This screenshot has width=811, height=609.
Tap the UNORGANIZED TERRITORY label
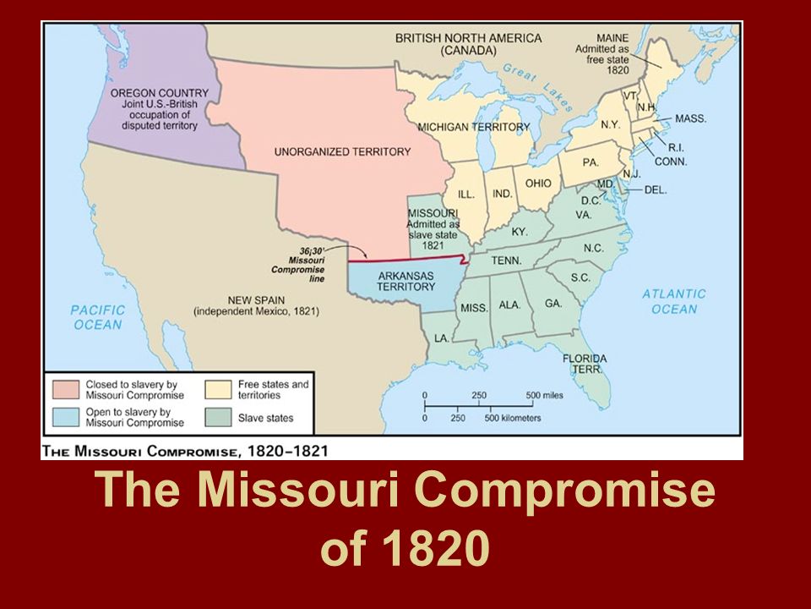point(342,152)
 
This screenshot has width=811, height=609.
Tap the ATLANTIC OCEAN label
point(673,301)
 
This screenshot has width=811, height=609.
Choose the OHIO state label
point(538,184)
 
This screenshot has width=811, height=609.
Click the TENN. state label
point(507,261)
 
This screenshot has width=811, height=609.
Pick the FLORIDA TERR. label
point(584,364)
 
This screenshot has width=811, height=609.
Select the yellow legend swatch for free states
point(219,390)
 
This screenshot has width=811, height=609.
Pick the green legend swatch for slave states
point(219,417)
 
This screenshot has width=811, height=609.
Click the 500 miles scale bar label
point(544,395)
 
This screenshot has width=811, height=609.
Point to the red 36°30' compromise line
point(405,260)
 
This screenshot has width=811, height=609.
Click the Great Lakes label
point(538,84)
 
